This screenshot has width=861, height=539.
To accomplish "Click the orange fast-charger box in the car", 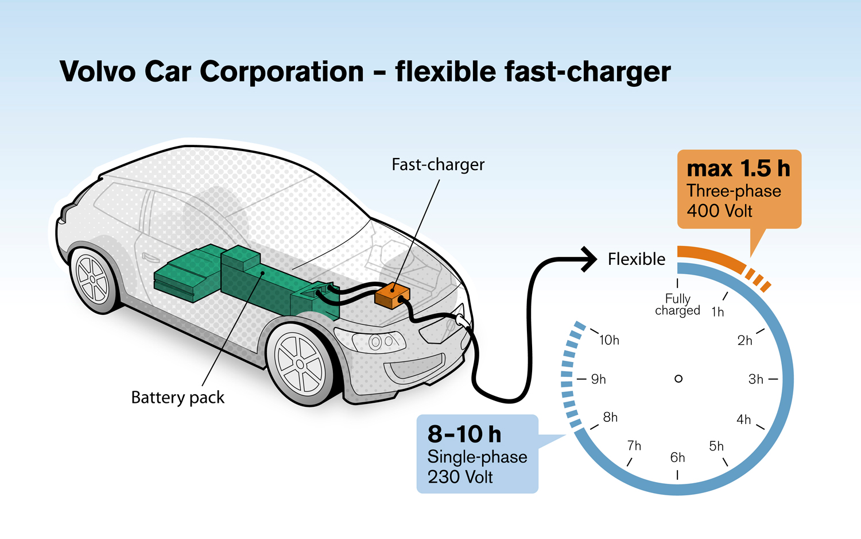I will click(x=392, y=295).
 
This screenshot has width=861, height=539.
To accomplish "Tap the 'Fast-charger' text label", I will click(x=438, y=165).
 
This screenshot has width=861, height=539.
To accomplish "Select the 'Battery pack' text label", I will click(x=177, y=398).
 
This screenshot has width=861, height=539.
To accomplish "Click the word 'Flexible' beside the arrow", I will click(x=637, y=259).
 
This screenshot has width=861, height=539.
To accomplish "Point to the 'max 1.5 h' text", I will click(x=738, y=169).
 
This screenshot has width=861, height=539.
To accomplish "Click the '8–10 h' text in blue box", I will click(x=464, y=434).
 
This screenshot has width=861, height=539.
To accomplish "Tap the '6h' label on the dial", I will click(x=678, y=457).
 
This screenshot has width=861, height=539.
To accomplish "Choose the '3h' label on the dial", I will click(x=756, y=379).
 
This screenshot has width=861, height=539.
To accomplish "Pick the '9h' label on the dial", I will click(x=599, y=379).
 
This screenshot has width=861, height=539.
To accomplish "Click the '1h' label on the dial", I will click(x=717, y=312).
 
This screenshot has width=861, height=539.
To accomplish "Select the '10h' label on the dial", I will click(x=609, y=340).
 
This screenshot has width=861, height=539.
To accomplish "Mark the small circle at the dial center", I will click(x=678, y=379).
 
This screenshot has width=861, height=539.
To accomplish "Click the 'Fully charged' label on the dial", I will click(x=678, y=305).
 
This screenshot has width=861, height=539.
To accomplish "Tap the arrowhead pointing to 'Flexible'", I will click(x=590, y=259).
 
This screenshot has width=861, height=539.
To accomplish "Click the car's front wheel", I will click(x=300, y=363).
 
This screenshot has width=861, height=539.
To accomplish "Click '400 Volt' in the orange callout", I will click(x=719, y=211).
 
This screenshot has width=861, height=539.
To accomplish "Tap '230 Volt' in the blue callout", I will click(x=460, y=477).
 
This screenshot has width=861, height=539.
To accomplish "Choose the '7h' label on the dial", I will click(x=634, y=446).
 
